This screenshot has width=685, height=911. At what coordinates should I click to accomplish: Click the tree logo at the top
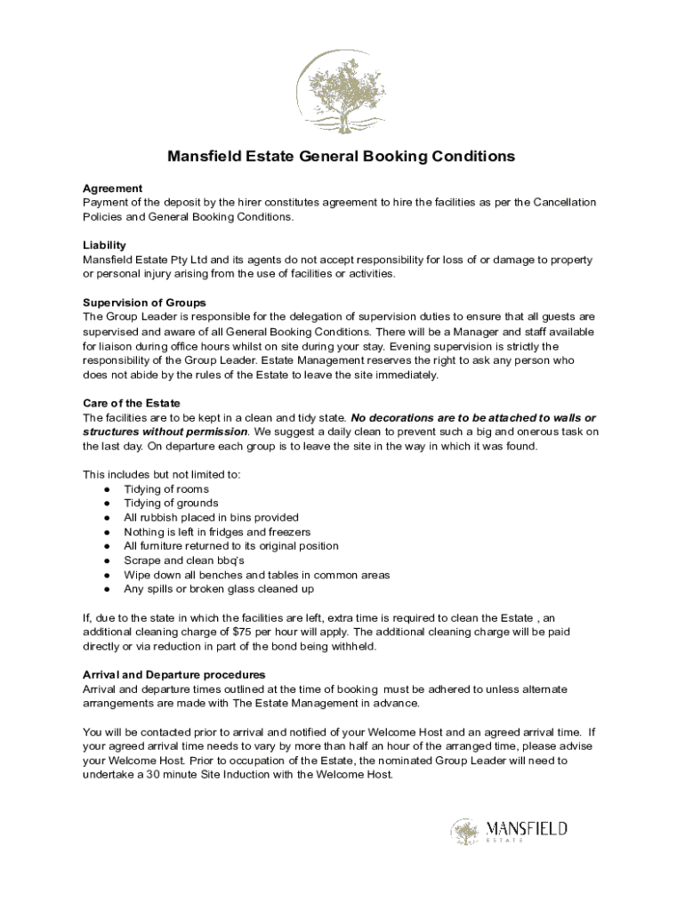click(x=342, y=93)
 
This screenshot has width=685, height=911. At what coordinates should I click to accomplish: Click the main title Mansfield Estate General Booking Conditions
click(x=342, y=157)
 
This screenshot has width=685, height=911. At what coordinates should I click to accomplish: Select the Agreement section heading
click(x=112, y=189)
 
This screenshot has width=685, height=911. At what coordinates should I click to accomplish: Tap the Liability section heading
click(x=104, y=246)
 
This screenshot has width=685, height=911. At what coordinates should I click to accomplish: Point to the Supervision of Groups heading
click(x=144, y=302)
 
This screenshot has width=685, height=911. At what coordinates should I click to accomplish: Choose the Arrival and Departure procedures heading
click(x=173, y=674)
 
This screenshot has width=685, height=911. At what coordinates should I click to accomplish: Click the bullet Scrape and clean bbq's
click(x=184, y=560)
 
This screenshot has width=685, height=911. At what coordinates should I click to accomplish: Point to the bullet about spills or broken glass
click(x=218, y=589)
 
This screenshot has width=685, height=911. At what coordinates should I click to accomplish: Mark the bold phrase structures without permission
click(x=165, y=431)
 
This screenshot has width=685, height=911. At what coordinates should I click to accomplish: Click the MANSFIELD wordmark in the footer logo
click(x=527, y=829)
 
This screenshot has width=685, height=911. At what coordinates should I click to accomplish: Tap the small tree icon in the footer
click(x=464, y=833)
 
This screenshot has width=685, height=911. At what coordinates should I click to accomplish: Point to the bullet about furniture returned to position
click(x=231, y=546)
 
